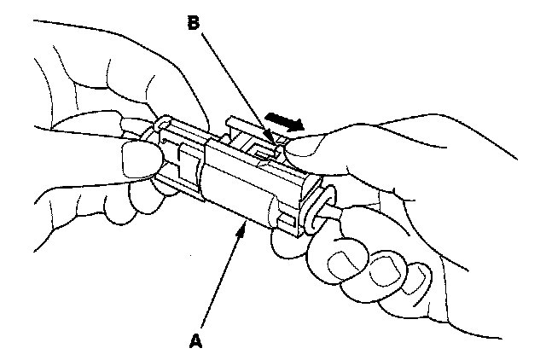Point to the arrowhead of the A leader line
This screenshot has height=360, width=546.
[246, 223]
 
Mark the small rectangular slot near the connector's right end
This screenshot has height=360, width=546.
[289, 224]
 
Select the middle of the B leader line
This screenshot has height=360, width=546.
[235, 83]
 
